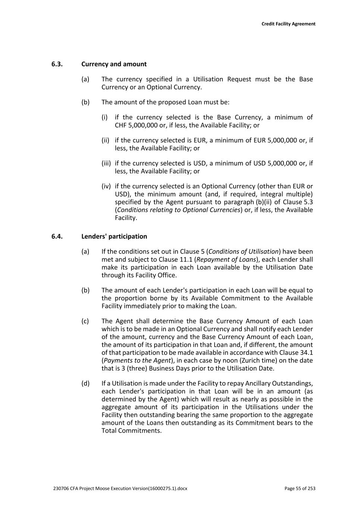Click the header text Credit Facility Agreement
point(288,24)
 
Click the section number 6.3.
point(57,64)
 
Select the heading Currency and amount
point(114,64)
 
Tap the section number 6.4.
point(57,236)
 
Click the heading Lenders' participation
point(114,236)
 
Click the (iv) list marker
point(106,186)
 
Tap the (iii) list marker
point(106,163)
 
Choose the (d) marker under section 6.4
point(85,383)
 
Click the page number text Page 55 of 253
point(300,488)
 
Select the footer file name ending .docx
point(120,488)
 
